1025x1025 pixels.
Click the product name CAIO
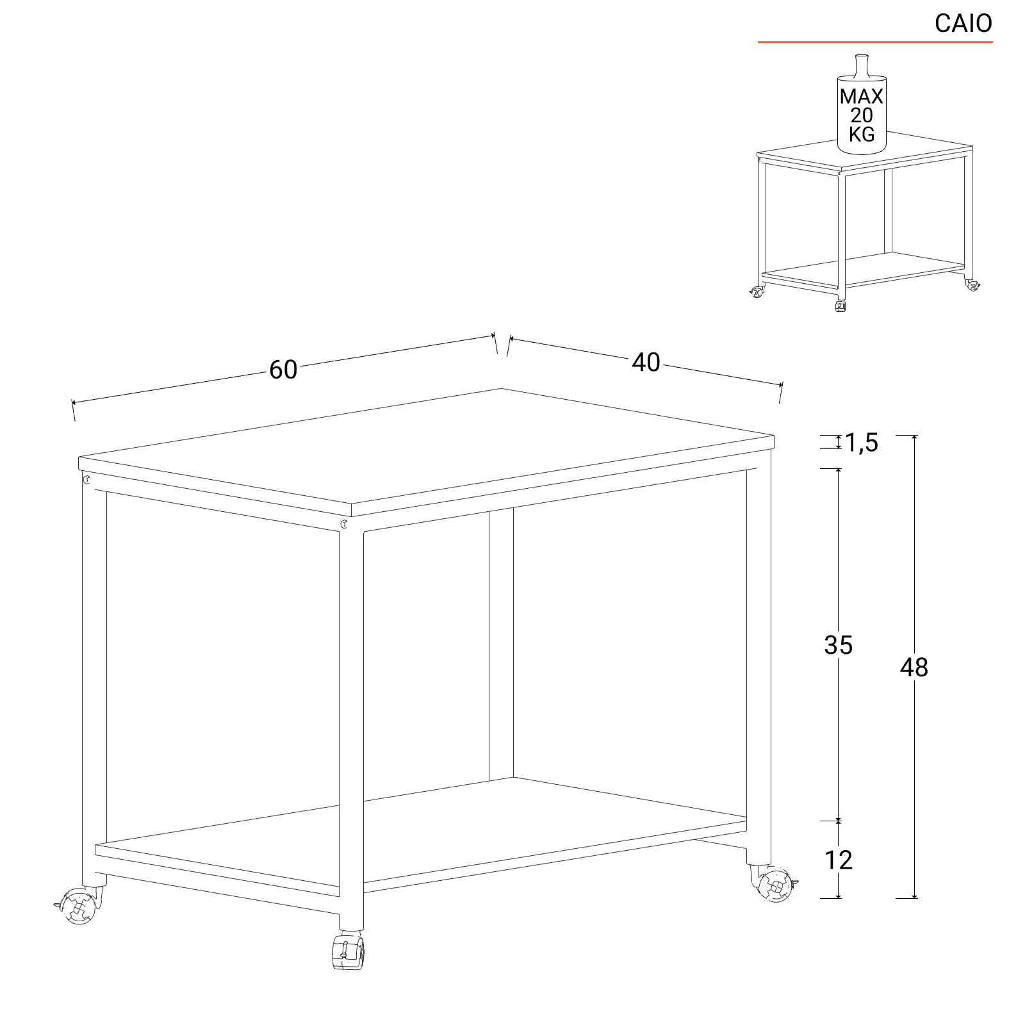click(x=963, y=23)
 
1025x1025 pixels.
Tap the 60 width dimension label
click(x=283, y=370)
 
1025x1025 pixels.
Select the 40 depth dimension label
click(x=646, y=363)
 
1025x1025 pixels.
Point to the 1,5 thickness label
click(x=861, y=442)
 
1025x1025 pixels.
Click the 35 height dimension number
click(x=839, y=645)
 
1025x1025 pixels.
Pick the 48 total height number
click(x=914, y=668)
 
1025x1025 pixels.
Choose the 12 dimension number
click(x=839, y=860)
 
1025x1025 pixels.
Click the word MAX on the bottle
click(x=862, y=97)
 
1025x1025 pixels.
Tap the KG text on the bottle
click(x=862, y=134)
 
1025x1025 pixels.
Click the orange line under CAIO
click(x=875, y=42)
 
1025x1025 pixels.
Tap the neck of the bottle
click(x=861, y=67)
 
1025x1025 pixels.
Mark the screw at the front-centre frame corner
click(x=345, y=525)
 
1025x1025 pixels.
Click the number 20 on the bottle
click(x=862, y=115)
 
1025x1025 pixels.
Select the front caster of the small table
click(x=841, y=307)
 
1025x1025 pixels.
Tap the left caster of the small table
click(x=757, y=292)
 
